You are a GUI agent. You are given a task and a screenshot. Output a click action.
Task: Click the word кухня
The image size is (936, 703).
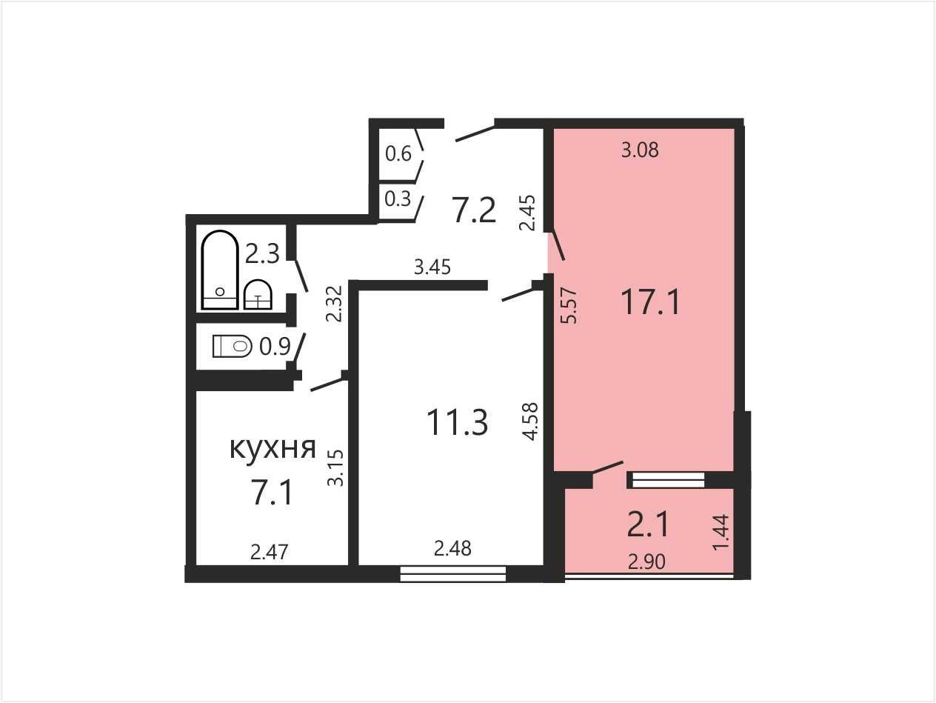coord(273,449)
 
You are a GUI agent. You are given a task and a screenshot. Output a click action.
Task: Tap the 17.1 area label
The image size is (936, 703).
coord(651,302)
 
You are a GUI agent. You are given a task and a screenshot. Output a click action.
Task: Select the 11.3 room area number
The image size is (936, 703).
coord(457,422)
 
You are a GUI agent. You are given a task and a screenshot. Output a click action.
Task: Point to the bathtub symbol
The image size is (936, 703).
coord(220,270)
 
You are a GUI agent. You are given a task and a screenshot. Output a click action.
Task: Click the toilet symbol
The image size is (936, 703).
coord(232,346)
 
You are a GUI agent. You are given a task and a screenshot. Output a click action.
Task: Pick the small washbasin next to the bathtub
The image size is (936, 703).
coord(258,294)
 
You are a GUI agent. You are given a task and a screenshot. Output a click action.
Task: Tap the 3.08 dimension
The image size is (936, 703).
coord(640,150)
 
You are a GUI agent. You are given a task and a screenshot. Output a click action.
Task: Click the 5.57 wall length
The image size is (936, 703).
coord(569,306)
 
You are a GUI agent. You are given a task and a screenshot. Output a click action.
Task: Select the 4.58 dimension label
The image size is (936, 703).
coord(532,422)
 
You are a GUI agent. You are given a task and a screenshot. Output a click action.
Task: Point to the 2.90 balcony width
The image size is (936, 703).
coord(646,562)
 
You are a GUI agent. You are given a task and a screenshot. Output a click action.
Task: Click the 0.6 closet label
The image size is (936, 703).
coord(398,153)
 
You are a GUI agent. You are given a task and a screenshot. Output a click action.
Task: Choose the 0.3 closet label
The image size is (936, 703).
coord(398,199)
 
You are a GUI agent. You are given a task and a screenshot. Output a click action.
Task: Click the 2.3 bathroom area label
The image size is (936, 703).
coord(262,254)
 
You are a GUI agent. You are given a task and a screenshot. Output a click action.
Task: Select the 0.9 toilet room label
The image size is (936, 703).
coord(275,347)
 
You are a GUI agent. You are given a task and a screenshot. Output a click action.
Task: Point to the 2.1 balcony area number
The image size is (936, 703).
coord(648,524)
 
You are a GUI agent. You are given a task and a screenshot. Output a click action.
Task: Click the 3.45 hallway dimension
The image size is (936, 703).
coord(432,267)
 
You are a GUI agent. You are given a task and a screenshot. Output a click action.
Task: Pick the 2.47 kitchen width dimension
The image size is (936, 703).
coord(270,553)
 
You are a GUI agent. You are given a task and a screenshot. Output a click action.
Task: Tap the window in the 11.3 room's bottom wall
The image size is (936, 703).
coord(453,574)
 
